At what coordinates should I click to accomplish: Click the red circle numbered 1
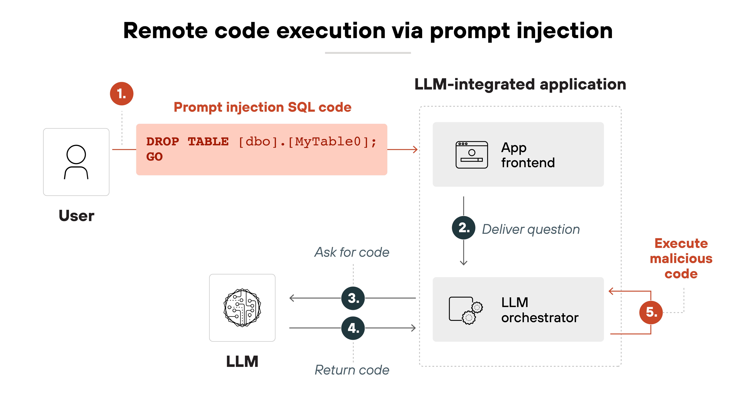click(x=122, y=94)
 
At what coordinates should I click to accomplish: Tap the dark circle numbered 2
click(x=463, y=228)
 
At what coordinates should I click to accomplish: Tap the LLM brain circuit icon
click(x=242, y=308)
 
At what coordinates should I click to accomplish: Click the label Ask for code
click(x=352, y=252)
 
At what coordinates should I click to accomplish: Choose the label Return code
click(x=352, y=370)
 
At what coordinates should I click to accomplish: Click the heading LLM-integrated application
click(x=520, y=85)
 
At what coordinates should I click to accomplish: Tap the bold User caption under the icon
click(x=76, y=216)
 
